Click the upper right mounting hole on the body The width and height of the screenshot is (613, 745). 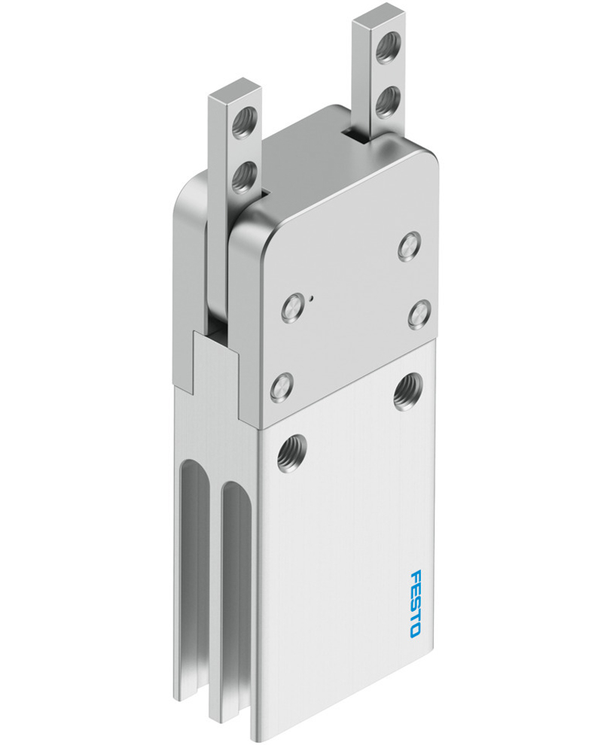tap(407, 391)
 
